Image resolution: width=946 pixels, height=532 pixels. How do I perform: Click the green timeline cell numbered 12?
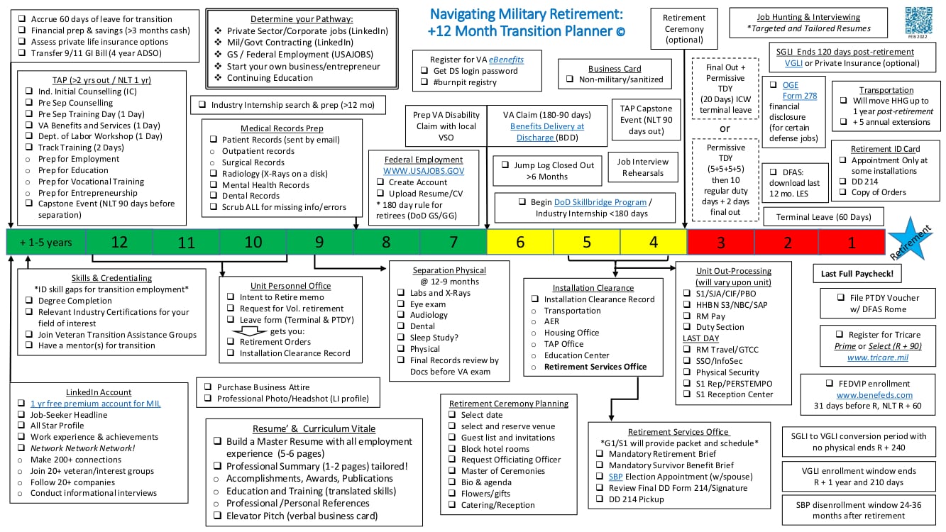(x=119, y=242)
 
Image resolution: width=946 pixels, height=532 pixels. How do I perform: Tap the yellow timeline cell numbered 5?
(x=587, y=242)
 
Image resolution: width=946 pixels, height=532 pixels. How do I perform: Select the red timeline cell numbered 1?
(x=852, y=242)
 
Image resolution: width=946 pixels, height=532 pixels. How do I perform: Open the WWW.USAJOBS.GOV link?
(x=423, y=171)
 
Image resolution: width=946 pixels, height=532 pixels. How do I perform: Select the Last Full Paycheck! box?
(x=857, y=273)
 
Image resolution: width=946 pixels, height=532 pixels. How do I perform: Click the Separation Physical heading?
(x=449, y=270)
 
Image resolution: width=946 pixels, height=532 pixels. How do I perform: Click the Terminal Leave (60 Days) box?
(x=823, y=216)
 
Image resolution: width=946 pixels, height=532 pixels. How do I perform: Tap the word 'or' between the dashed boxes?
(x=724, y=128)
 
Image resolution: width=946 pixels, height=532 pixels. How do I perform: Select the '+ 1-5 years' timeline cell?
(x=46, y=242)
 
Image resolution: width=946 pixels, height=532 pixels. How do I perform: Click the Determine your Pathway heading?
(x=302, y=19)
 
